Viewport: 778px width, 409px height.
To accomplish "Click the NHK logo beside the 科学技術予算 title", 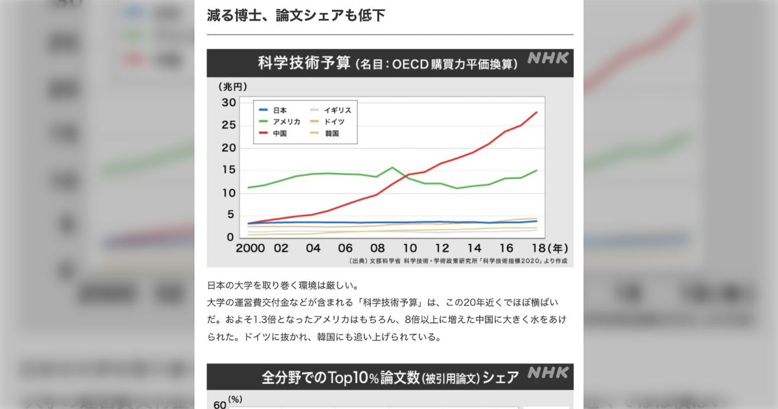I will pos(548,58).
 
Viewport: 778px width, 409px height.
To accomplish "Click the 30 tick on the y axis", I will pos(228,103).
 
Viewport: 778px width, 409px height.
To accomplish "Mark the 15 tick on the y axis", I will pos(228,170).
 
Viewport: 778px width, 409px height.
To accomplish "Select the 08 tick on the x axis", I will pos(377,249).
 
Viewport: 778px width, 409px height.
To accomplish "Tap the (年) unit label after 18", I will pos(558,249).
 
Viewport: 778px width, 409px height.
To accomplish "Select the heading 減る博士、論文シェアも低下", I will pos(296,15).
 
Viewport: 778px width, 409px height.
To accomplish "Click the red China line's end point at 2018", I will pos(537,112).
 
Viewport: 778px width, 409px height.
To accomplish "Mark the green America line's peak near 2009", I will pos(393,167).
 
